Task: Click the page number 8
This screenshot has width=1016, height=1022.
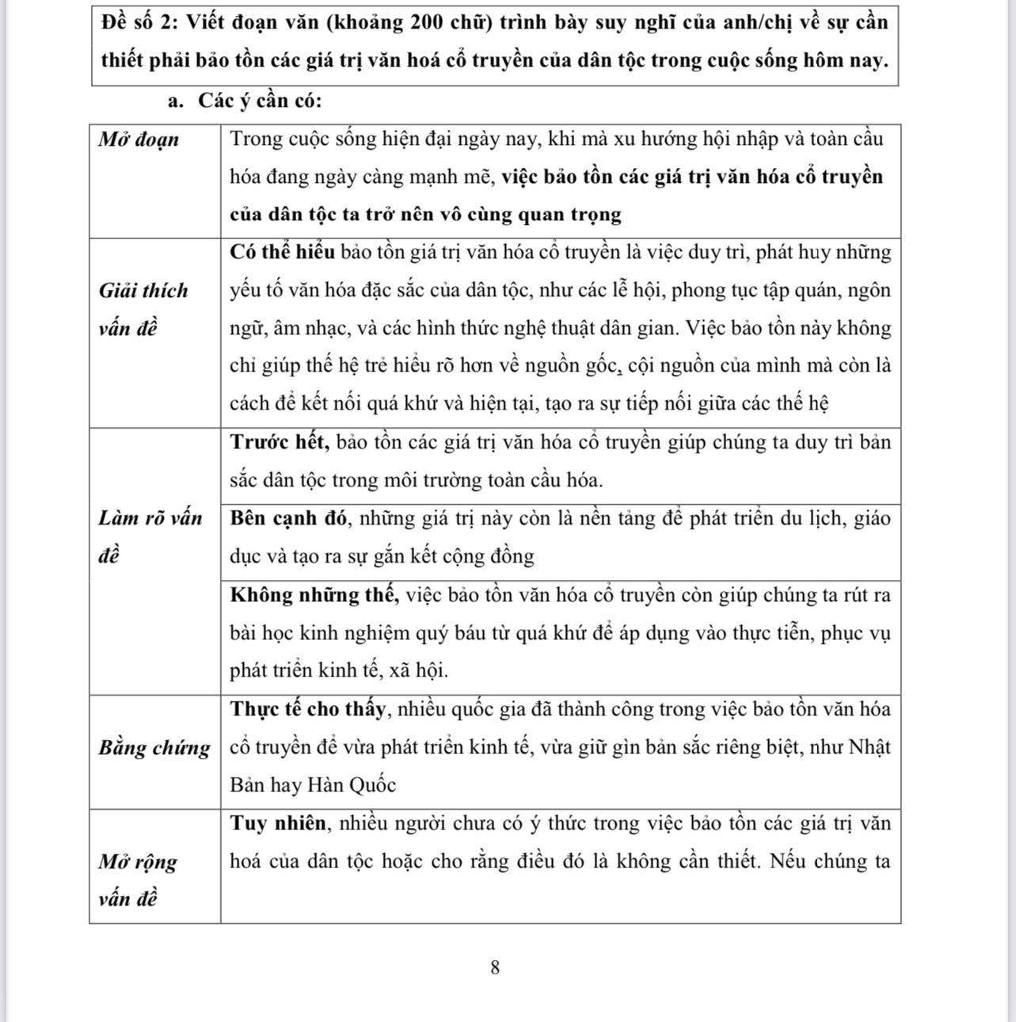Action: coord(495,967)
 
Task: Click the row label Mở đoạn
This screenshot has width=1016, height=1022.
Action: coord(139,139)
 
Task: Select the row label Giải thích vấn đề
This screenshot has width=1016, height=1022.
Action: coord(143,309)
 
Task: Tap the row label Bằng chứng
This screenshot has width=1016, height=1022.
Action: coord(154,747)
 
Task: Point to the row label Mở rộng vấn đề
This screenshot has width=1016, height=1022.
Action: coord(138,879)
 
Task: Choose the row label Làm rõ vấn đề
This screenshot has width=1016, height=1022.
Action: coord(150,536)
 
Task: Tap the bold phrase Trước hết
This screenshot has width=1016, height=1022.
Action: coord(280,442)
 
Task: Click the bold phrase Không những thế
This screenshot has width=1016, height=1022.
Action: coord(314,595)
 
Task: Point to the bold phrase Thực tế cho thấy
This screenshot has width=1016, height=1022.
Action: coord(309,708)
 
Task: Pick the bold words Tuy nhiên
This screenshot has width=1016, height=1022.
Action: coord(278,823)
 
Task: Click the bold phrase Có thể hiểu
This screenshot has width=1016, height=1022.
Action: coord(282,252)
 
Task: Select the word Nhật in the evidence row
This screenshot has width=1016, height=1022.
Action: coord(869,747)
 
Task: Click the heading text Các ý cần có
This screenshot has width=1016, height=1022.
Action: coord(260,101)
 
